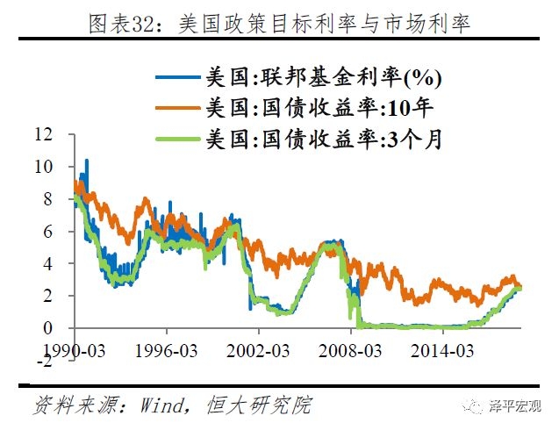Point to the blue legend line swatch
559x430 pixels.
[x=179, y=78]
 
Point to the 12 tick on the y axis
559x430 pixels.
[x=44, y=135]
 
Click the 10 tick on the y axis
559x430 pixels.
[x=44, y=167]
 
